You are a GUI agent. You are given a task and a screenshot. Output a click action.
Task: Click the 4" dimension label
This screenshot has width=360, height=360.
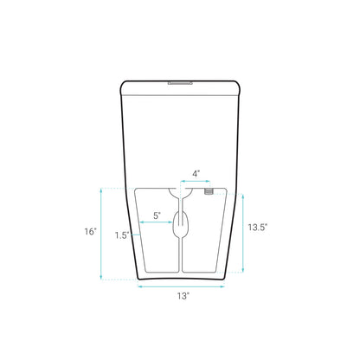[x=196, y=174]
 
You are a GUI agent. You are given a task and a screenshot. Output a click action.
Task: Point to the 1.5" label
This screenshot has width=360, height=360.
[x=122, y=235]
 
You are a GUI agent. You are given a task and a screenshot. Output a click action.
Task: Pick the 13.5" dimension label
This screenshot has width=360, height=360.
[x=257, y=227]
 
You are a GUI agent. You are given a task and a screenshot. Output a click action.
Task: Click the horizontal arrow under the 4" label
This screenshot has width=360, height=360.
[x=196, y=182]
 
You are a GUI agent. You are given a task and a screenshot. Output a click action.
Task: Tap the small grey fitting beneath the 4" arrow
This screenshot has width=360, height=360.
[x=209, y=193]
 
